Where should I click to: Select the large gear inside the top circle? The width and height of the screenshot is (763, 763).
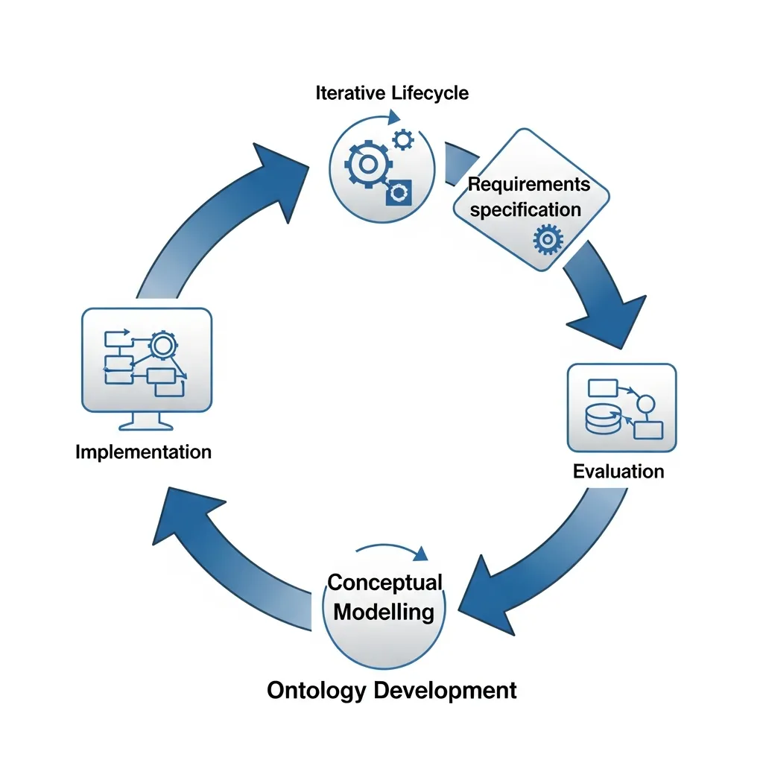[364, 164]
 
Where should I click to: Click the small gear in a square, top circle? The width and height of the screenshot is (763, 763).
[399, 192]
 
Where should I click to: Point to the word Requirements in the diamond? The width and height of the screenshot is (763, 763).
[528, 184]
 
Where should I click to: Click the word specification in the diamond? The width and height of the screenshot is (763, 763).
[525, 209]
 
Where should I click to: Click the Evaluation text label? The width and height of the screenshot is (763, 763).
[618, 471]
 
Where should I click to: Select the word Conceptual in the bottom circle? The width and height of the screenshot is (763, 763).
[385, 582]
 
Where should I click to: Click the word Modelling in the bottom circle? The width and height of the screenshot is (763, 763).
[384, 612]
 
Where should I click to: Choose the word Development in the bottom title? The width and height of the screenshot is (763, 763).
[445, 690]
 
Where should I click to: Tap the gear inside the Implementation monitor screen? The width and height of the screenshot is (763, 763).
[160, 345]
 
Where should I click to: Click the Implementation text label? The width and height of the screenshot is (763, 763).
[144, 452]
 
